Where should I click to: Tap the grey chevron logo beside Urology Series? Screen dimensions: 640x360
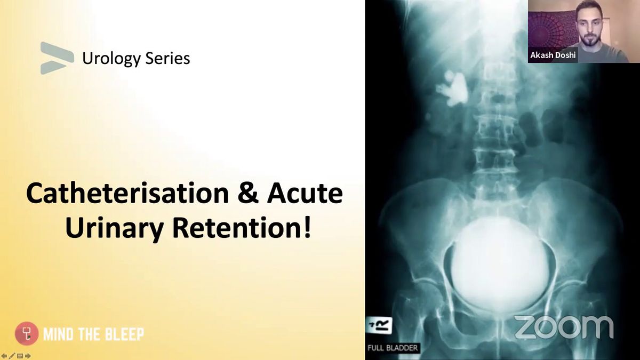pyautogui.click(x=57, y=58)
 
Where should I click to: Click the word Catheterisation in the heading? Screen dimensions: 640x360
pyautogui.click(x=127, y=194)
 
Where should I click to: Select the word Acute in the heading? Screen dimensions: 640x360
pyautogui.click(x=305, y=194)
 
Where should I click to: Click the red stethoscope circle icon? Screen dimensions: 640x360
pyautogui.click(x=27, y=333)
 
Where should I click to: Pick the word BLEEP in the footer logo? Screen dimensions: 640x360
pyautogui.click(x=127, y=334)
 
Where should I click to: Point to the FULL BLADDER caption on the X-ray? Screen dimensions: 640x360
pyautogui.click(x=393, y=348)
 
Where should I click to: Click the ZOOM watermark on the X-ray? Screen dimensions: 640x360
pyautogui.click(x=564, y=327)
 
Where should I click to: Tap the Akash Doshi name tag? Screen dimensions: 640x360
pyautogui.click(x=553, y=55)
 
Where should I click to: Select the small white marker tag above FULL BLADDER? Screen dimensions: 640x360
pyautogui.click(x=380, y=325)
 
